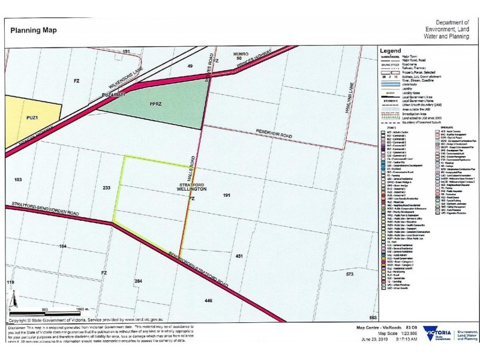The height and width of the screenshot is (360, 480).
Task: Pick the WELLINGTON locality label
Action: coord(192,189)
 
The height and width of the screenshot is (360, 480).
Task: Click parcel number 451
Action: coord(239,256)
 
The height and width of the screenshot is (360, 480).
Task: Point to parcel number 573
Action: coord(350,274)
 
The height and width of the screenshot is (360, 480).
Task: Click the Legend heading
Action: coord(390,51)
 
